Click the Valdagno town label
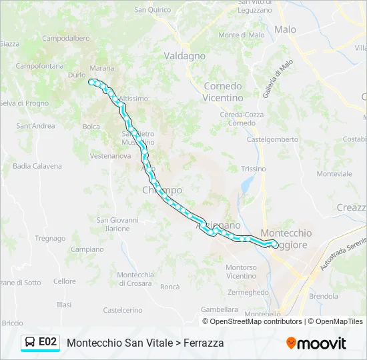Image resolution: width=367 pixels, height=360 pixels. (x=184, y=56)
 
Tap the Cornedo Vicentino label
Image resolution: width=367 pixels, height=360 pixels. (x=224, y=92)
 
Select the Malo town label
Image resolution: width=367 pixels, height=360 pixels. (x=285, y=29)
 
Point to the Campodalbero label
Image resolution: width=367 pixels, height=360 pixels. (x=66, y=39)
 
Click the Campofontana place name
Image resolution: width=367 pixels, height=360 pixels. (x=39, y=66)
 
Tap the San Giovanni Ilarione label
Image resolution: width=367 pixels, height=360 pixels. (x=117, y=224)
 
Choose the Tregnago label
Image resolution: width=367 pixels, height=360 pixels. (x=50, y=238)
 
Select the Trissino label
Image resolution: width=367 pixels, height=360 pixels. (x=253, y=169)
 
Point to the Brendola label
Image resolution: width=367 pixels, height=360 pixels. (x=324, y=295)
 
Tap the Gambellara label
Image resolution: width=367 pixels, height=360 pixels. (x=220, y=309)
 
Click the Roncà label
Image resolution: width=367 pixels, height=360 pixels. (x=170, y=287)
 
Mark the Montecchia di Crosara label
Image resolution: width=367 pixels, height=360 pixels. (x=135, y=279)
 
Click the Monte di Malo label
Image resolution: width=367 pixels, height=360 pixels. (x=242, y=35)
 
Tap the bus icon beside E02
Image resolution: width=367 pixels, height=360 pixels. (x=30, y=343)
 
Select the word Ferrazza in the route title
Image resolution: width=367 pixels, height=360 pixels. (x=201, y=343)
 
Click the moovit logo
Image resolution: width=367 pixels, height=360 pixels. (x=316, y=343)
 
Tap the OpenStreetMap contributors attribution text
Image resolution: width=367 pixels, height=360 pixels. (x=256, y=321)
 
